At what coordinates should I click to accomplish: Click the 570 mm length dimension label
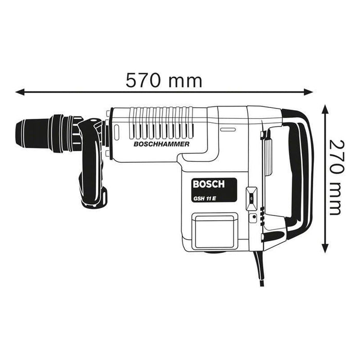(x=164, y=80)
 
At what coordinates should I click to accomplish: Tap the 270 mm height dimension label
(x=335, y=177)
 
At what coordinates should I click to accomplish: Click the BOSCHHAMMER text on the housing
(x=161, y=145)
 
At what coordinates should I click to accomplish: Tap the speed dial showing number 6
(x=251, y=196)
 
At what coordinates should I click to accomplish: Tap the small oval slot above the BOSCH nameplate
(x=228, y=131)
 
